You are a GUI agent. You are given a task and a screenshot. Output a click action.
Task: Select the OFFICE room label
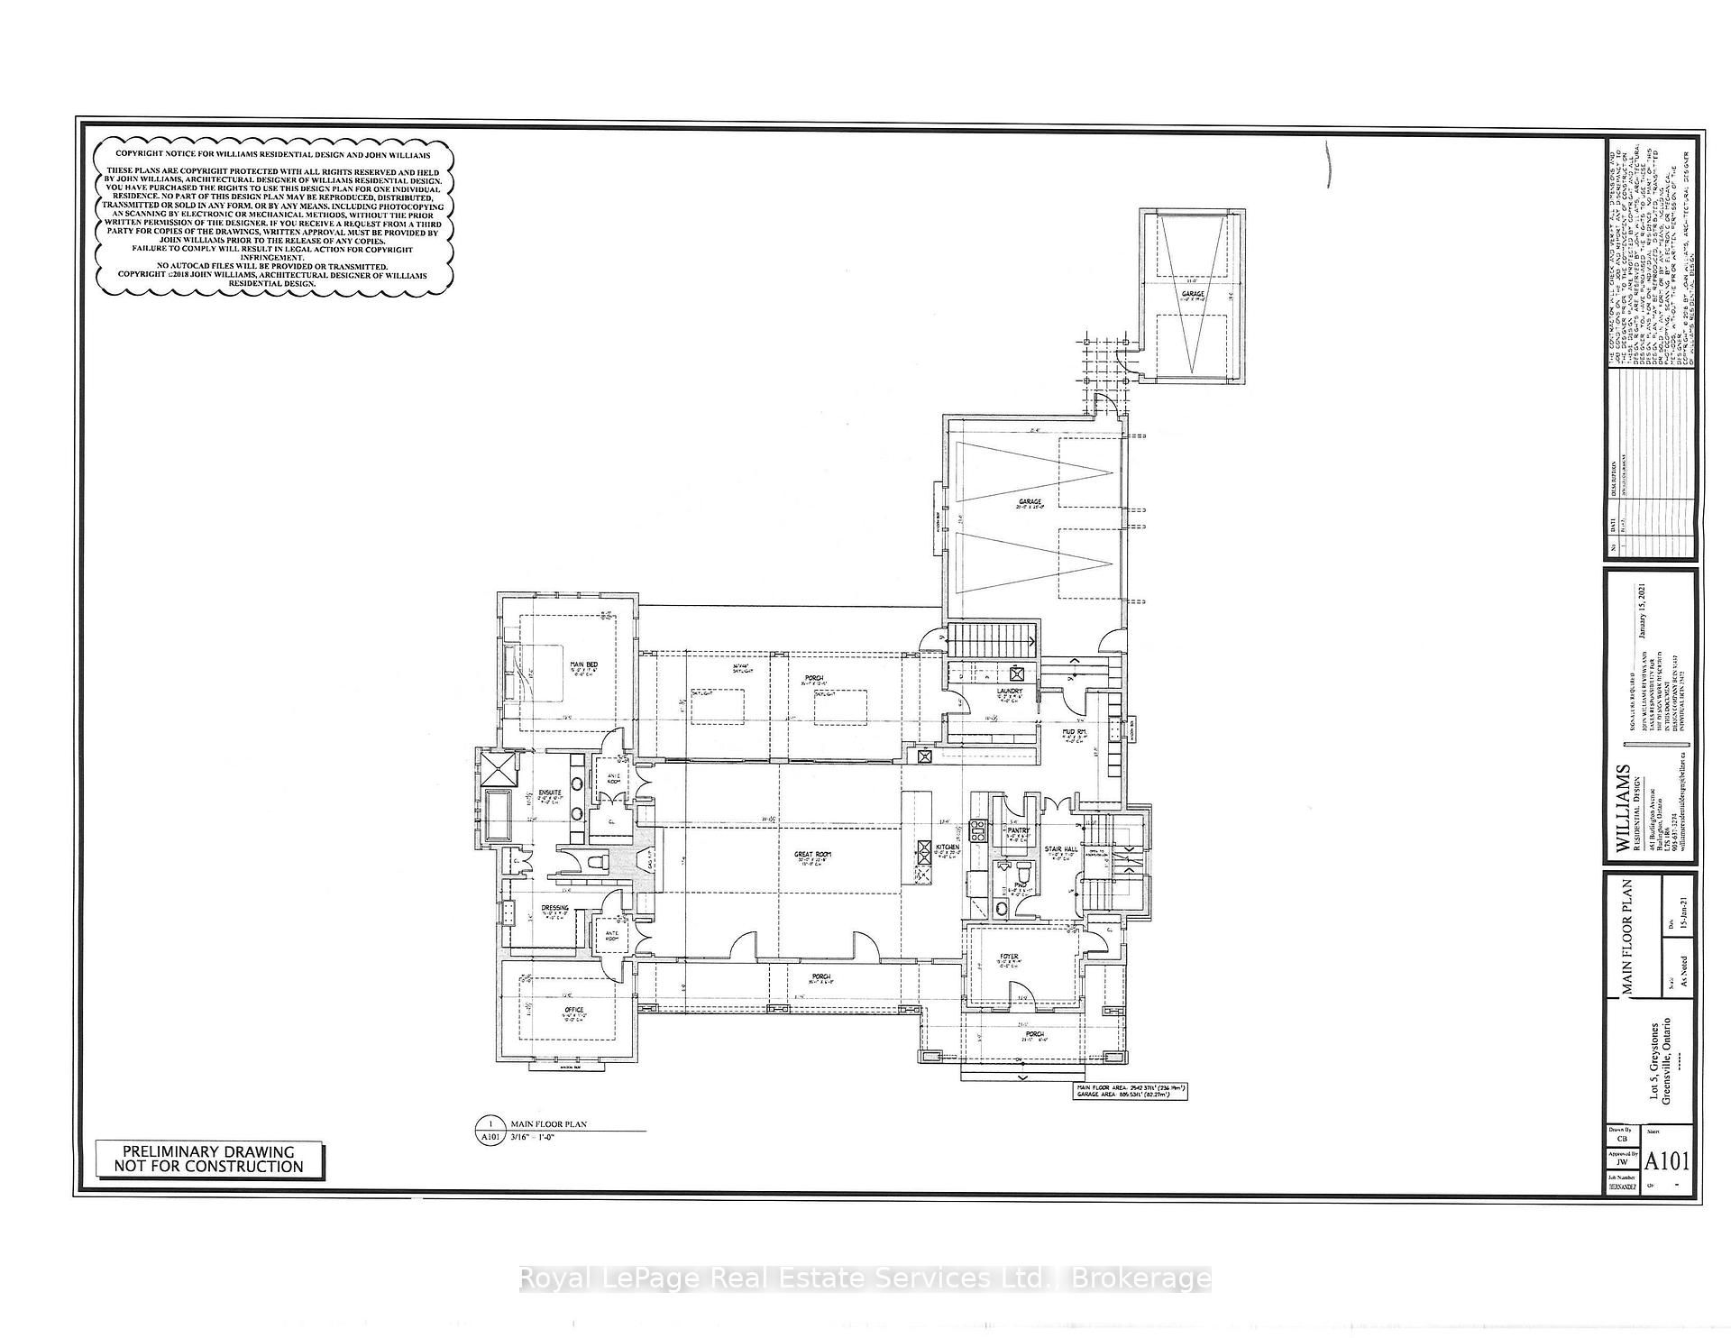574,1010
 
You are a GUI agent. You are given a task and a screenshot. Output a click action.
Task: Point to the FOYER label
1009,957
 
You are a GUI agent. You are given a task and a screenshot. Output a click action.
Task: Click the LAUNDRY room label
1009,692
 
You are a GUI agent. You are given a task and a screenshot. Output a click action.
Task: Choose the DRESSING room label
554,908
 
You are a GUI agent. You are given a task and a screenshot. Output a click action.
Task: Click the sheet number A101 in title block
1667,1160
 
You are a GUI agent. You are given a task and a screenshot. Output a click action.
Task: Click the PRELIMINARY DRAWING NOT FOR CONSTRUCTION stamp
209,1159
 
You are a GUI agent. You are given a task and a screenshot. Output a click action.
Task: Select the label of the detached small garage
1193,294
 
